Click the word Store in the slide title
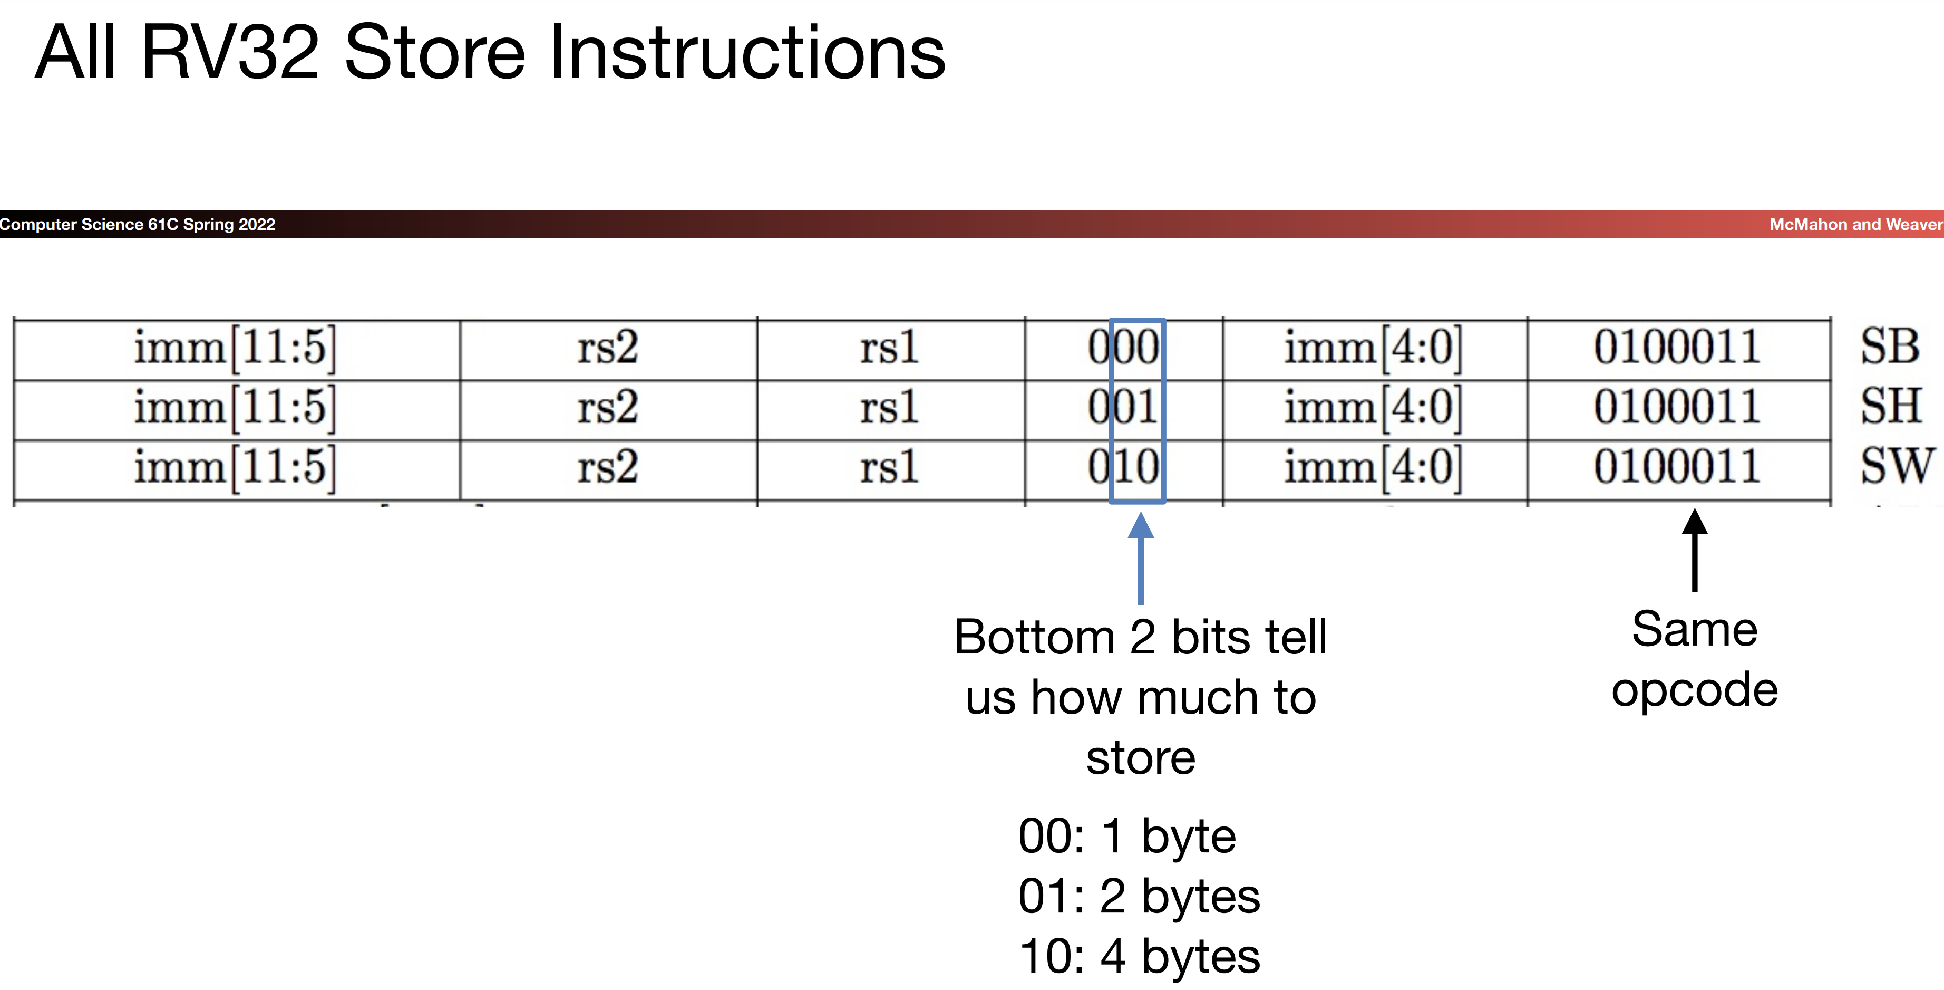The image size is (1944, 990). (435, 53)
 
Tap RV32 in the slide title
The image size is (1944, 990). (230, 53)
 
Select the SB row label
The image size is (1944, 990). (1889, 348)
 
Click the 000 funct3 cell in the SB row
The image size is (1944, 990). (1123, 348)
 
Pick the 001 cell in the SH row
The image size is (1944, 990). (1123, 408)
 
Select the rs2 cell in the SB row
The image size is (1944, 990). (607, 348)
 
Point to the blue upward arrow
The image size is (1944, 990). (1140, 559)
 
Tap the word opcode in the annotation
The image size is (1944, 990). (1695, 689)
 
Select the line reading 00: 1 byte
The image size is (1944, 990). (1126, 836)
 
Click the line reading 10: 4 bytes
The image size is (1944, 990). (1139, 956)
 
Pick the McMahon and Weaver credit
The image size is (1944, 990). (1855, 224)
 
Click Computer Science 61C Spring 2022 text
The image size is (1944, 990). (138, 224)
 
